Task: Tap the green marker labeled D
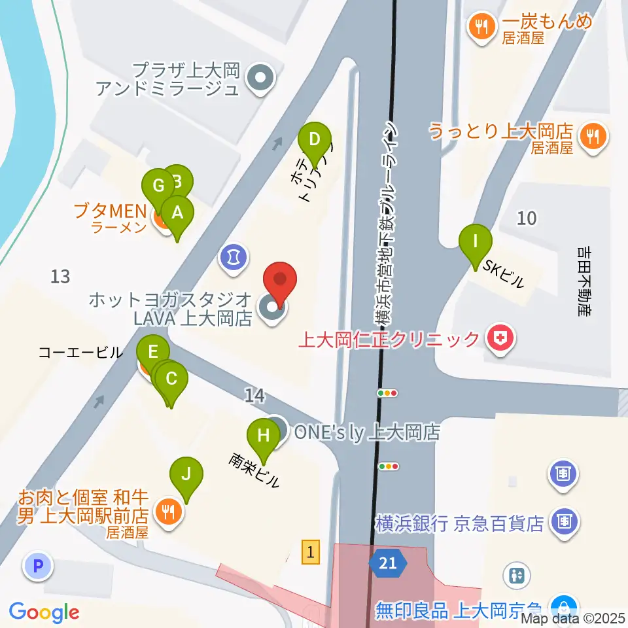coord(315,140)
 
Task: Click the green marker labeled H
coord(264,436)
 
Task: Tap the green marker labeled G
coord(158,186)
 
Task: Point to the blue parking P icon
coord(37,565)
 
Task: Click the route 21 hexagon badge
coord(387,563)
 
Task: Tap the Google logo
coord(44,612)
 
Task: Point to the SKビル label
coord(504,274)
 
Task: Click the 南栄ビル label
coord(254,470)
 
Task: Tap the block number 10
coord(527,218)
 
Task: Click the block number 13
coord(60,277)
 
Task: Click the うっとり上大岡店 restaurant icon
coord(594,137)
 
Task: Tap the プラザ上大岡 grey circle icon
coord(260,80)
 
